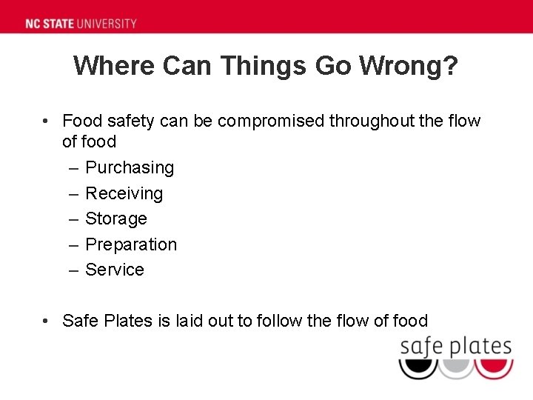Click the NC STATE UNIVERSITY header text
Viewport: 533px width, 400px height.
coord(81,23)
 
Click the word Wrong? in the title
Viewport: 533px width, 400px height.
coord(409,66)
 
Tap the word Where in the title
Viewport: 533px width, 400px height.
coord(115,66)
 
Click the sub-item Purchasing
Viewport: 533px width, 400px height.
coord(130,168)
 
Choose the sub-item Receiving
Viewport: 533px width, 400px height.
coord(124,193)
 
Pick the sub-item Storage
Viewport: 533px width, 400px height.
coord(116,219)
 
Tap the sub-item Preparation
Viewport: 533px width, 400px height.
coord(131,244)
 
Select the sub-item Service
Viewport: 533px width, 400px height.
coord(115,270)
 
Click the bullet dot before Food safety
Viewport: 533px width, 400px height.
coord(46,121)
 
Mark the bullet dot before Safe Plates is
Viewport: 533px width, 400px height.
coord(46,321)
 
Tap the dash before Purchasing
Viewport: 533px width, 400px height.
coord(73,168)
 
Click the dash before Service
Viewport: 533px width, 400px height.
coord(73,270)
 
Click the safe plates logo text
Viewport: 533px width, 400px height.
coord(455,347)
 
